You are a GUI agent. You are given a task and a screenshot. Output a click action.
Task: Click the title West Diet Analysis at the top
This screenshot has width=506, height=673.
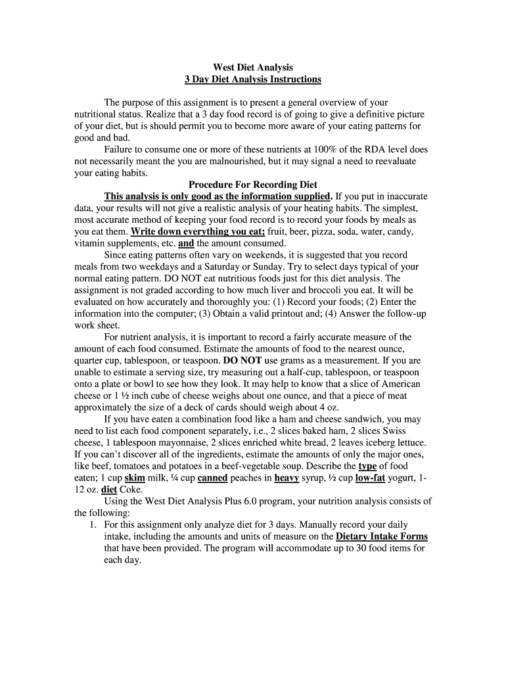click(253, 68)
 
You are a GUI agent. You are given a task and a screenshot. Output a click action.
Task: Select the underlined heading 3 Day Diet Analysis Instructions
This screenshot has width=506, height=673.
click(253, 80)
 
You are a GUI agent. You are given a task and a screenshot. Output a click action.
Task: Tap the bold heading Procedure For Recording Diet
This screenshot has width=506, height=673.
click(253, 185)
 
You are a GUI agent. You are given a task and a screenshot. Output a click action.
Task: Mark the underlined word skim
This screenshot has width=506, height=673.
click(134, 478)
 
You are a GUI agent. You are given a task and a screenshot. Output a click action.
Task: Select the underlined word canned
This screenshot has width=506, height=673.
click(213, 478)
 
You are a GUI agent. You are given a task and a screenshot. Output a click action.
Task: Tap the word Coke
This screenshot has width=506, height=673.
click(131, 490)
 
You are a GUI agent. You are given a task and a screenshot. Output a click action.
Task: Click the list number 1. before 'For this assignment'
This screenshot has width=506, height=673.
click(93, 525)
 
